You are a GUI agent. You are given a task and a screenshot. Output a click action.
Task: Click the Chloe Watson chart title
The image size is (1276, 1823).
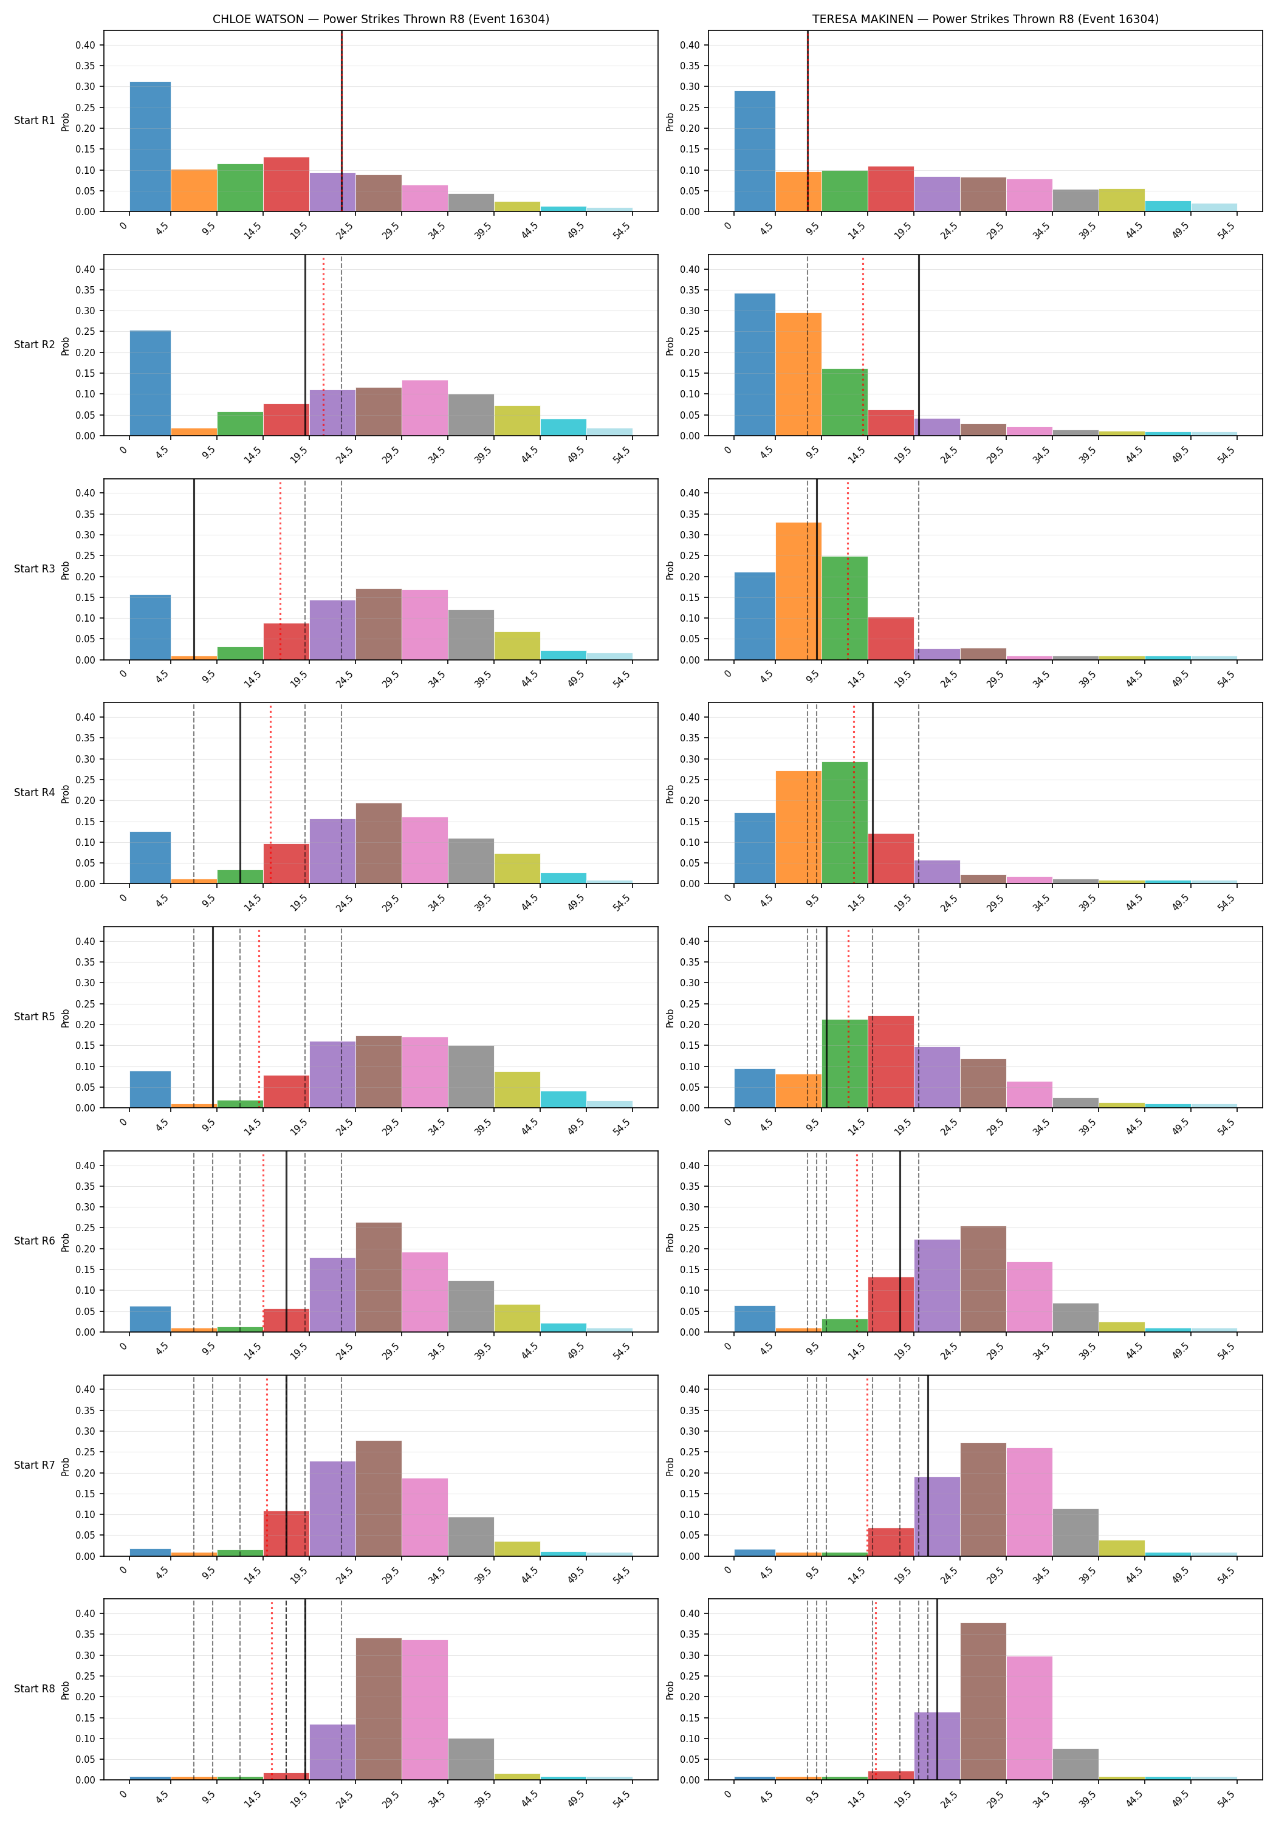click(380, 19)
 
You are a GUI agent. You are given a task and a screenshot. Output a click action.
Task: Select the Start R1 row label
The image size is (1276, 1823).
click(34, 121)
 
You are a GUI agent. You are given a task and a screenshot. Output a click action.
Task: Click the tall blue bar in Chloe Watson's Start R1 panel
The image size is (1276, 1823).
click(150, 147)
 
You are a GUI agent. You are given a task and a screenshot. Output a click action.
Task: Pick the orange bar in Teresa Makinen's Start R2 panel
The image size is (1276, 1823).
click(799, 374)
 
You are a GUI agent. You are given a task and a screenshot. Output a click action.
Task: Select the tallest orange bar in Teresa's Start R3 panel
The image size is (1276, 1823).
click(799, 591)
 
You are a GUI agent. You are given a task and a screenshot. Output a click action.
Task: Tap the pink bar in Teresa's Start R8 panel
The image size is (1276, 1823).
click(1030, 1718)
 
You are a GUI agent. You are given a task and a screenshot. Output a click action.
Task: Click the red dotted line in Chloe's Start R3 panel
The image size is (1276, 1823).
click(280, 569)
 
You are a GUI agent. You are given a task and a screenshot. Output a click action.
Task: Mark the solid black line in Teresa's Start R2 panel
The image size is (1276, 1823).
click(919, 345)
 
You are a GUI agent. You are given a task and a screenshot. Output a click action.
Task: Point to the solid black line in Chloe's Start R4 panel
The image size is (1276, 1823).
click(241, 793)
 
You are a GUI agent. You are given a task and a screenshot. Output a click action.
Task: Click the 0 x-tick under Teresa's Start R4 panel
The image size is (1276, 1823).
click(728, 899)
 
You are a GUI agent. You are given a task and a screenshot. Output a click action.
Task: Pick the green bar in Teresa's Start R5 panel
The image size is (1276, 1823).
click(845, 1064)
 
